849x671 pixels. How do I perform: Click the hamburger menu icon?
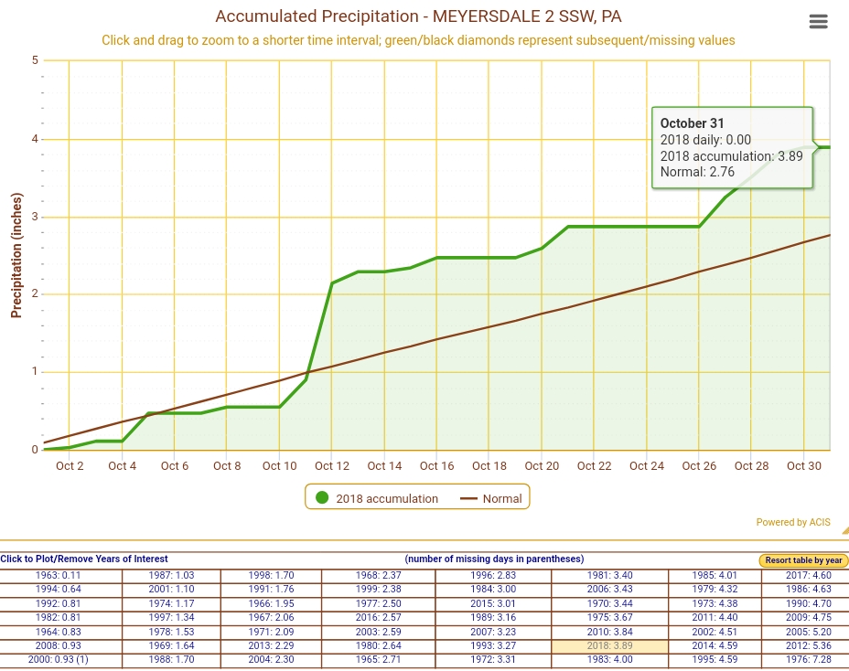click(819, 22)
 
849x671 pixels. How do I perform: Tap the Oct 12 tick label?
click(332, 466)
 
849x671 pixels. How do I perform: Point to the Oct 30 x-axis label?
click(804, 466)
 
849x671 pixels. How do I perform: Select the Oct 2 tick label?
click(70, 466)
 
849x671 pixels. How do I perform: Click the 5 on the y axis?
click(35, 60)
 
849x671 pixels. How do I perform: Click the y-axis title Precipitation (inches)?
click(16, 255)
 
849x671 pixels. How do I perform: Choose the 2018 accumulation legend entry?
click(377, 498)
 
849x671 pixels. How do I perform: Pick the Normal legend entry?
click(491, 498)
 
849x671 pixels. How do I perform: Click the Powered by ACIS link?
click(793, 523)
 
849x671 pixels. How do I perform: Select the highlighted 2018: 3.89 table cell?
click(609, 645)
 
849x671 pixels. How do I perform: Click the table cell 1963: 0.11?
click(59, 575)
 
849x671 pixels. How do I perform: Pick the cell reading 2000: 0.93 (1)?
click(59, 659)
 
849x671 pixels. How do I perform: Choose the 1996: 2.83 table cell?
click(492, 575)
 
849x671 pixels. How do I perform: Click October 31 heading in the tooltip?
click(693, 123)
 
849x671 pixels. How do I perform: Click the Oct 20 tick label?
click(542, 466)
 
